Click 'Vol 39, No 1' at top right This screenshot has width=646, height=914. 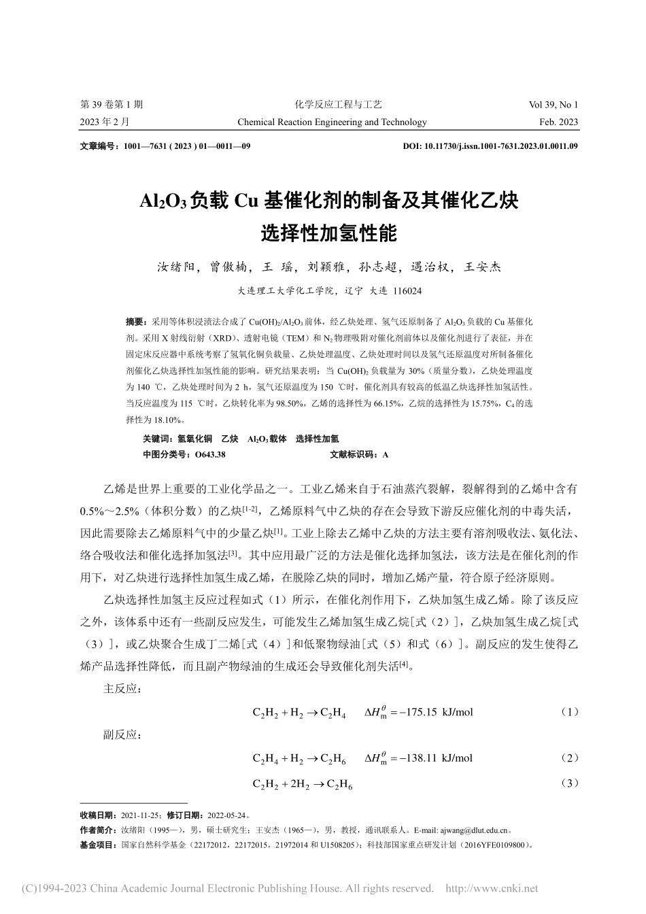(x=553, y=105)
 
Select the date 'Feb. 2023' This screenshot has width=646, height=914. (x=558, y=122)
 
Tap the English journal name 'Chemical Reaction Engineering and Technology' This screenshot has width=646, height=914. (x=332, y=122)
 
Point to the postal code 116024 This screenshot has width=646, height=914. (x=407, y=290)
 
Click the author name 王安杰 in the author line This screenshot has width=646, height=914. (x=482, y=267)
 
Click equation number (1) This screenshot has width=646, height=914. (x=569, y=712)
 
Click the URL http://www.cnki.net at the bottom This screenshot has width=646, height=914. (x=500, y=888)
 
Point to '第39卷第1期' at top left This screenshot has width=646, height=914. (x=112, y=105)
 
